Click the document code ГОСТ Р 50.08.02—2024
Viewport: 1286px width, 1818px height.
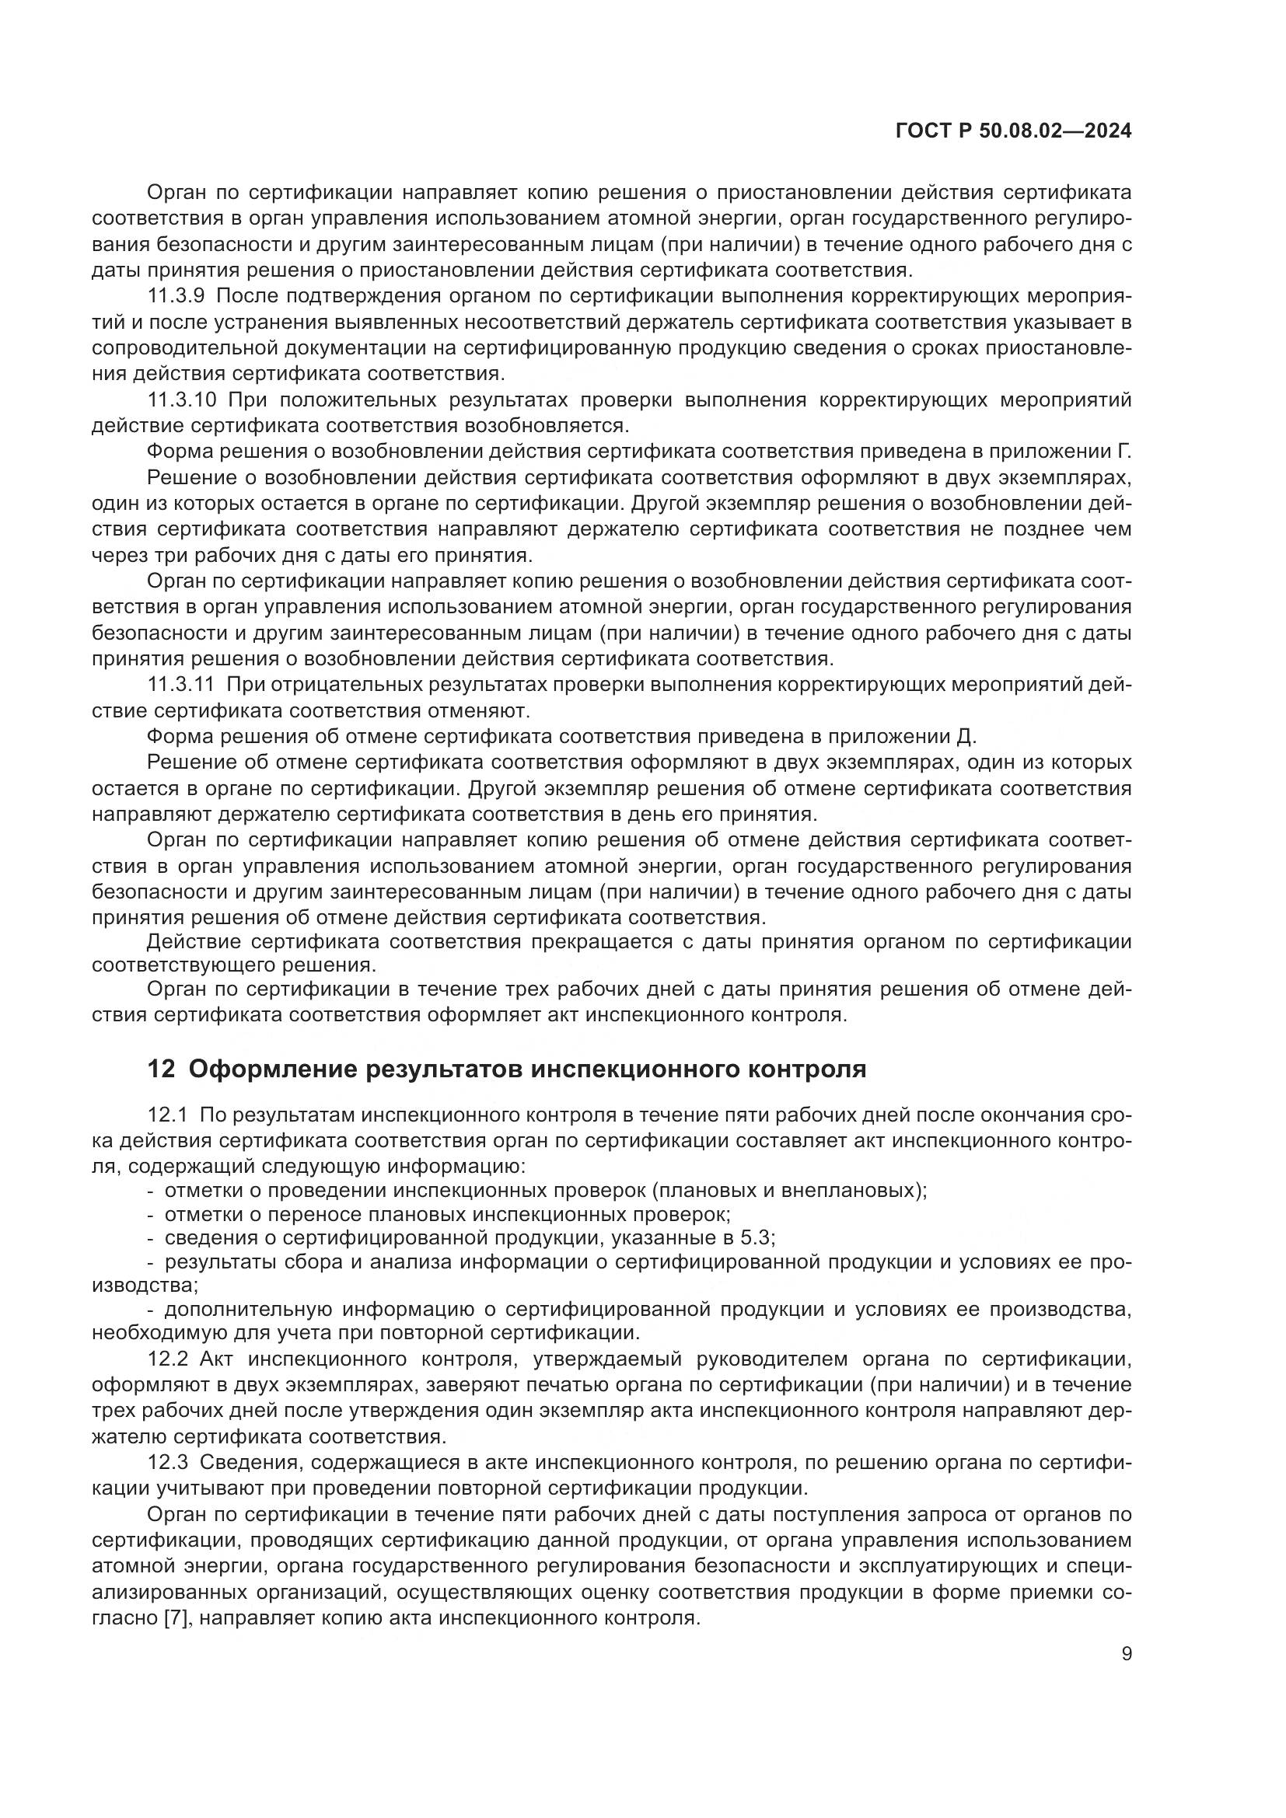click(1013, 131)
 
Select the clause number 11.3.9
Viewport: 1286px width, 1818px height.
click(176, 296)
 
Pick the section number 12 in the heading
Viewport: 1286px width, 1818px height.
click(161, 1069)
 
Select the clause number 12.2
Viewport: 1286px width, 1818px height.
click(167, 1359)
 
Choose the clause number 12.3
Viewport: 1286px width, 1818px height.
click(167, 1463)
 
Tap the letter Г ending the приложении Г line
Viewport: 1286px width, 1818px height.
click(1124, 452)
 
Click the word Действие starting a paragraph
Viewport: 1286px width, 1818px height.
click(195, 941)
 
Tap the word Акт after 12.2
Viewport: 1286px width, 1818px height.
click(214, 1359)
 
